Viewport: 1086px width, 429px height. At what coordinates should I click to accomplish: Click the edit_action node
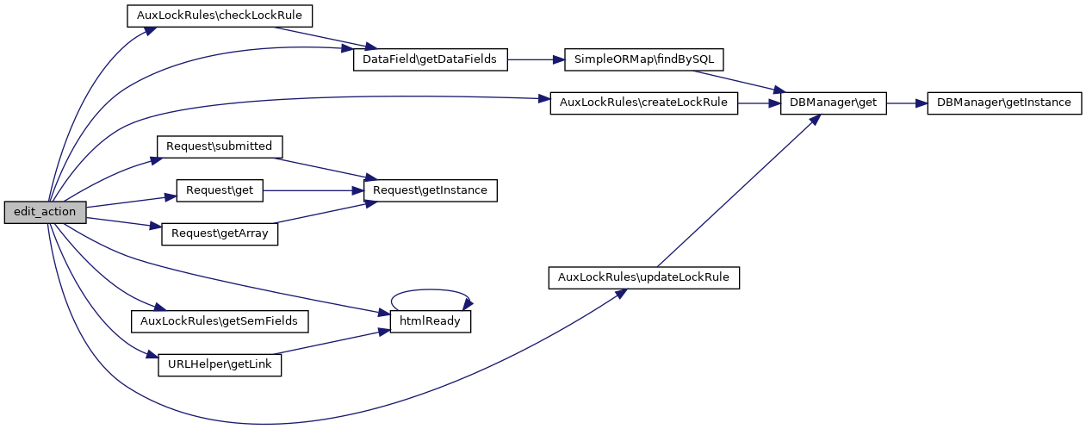click(x=45, y=212)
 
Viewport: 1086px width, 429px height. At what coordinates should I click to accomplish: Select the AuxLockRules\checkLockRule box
click(x=219, y=16)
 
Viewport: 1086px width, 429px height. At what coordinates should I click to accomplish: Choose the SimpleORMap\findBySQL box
click(x=643, y=60)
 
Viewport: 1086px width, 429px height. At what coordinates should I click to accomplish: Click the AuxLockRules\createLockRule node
click(x=643, y=103)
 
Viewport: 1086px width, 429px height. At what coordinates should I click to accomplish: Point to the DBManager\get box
click(x=832, y=103)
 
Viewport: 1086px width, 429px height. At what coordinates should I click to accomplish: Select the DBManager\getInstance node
click(x=1003, y=103)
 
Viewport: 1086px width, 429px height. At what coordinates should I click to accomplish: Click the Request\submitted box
click(x=219, y=146)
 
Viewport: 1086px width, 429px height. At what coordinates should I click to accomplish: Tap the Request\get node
click(x=219, y=190)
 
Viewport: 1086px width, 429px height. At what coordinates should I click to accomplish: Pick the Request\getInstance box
click(x=431, y=190)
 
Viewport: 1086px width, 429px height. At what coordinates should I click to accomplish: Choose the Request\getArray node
click(x=219, y=233)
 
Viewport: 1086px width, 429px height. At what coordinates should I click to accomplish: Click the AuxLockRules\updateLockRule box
click(x=643, y=277)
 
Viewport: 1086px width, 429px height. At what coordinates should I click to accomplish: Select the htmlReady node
click(x=431, y=321)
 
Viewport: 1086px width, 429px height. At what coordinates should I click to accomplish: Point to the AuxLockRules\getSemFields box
click(x=219, y=321)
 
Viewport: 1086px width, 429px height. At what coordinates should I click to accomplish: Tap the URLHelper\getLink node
click(x=219, y=365)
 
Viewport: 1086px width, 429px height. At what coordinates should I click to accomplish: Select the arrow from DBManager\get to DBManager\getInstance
click(x=906, y=103)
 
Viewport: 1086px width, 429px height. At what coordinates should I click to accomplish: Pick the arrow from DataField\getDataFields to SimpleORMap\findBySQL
click(x=535, y=60)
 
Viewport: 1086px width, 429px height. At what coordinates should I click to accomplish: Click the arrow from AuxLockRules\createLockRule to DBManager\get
click(x=758, y=103)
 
